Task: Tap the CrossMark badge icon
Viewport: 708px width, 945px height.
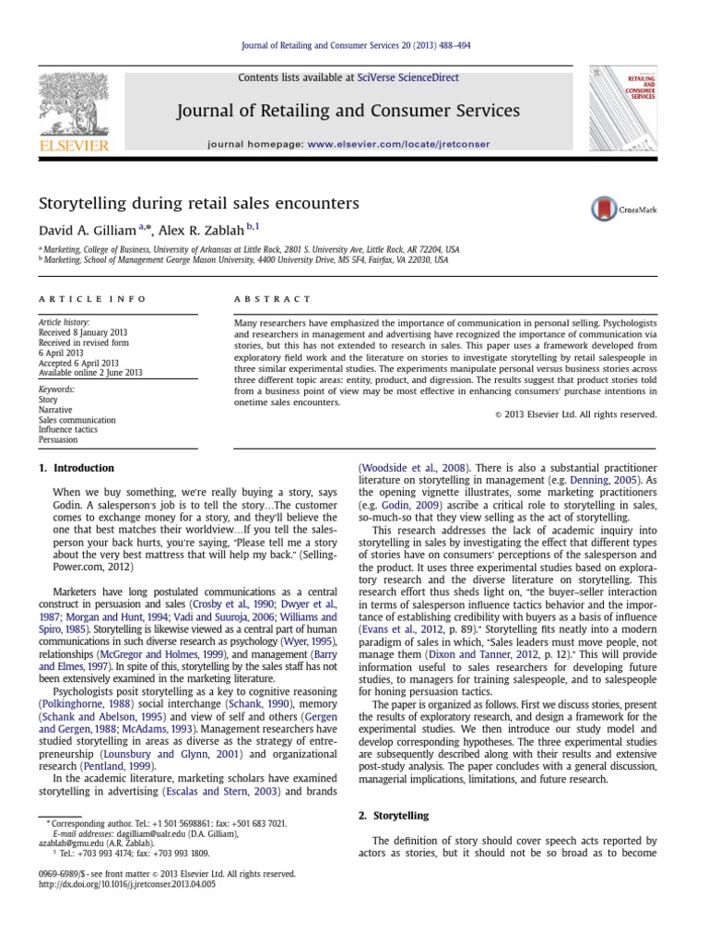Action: (603, 209)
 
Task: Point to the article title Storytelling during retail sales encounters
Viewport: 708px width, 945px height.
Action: (197, 202)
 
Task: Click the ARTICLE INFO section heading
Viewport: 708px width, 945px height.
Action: (77, 298)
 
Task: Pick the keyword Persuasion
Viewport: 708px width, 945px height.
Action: (57, 440)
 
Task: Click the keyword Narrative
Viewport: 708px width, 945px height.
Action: (55, 410)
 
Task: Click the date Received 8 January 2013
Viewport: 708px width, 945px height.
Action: (82, 331)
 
